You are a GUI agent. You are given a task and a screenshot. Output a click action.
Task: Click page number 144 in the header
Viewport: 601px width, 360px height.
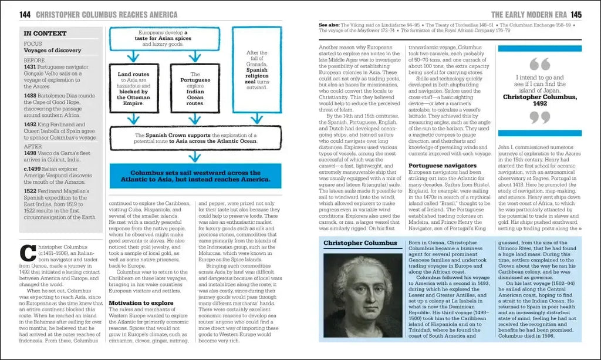pyautogui.click(x=25, y=14)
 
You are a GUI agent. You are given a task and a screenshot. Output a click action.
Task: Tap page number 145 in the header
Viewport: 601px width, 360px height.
pyautogui.click(x=576, y=15)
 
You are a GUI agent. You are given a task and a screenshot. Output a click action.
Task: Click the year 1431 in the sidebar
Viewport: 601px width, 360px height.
pyautogui.click(x=30, y=67)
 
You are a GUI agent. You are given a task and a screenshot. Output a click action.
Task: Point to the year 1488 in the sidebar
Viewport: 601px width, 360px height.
pyautogui.click(x=30, y=96)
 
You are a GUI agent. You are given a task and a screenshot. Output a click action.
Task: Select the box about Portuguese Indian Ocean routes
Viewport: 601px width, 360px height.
pyautogui.click(x=195, y=89)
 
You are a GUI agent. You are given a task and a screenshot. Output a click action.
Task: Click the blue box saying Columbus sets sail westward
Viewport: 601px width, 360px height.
pyautogui.click(x=195, y=177)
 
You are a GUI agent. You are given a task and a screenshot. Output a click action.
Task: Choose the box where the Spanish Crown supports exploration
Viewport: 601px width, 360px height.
pyautogui.click(x=195, y=137)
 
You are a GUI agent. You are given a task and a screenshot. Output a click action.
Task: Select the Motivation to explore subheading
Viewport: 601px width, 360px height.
pyautogui.click(x=141, y=303)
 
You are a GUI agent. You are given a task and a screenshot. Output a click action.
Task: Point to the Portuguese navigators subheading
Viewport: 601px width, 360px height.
pyautogui.click(x=442, y=166)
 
